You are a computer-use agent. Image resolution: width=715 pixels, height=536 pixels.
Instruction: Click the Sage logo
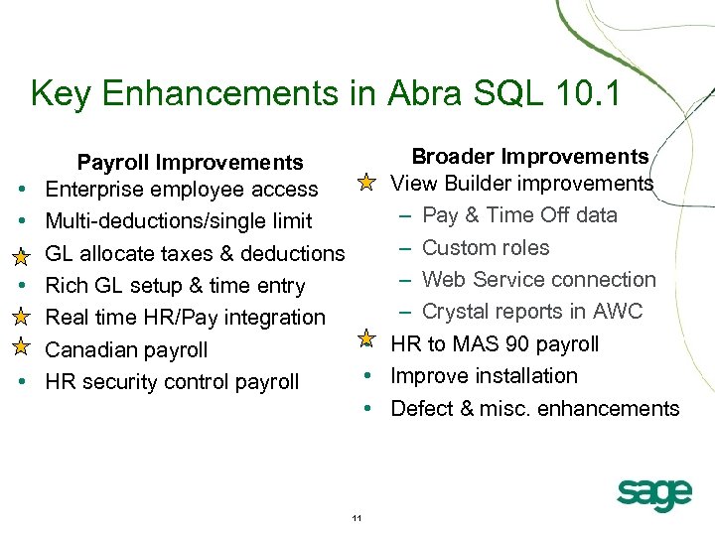coord(653,493)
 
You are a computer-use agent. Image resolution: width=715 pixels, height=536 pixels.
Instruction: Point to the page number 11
coord(357,518)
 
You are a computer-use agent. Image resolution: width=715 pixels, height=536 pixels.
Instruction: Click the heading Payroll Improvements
coord(190,162)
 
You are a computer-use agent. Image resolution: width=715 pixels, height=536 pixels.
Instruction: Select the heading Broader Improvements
coord(529,156)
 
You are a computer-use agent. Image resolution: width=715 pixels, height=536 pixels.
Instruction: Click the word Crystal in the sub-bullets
coord(456,312)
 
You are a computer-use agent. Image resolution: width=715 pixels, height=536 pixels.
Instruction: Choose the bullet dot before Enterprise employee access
coord(21,190)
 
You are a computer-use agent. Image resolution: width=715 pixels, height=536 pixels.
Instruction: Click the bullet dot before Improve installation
coord(366,376)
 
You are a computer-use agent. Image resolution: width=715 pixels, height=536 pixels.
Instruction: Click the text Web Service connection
coord(539,280)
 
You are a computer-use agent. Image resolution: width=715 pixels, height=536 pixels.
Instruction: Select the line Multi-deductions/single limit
coord(179,221)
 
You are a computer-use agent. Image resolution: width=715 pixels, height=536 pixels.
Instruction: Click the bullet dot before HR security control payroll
coord(21,382)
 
